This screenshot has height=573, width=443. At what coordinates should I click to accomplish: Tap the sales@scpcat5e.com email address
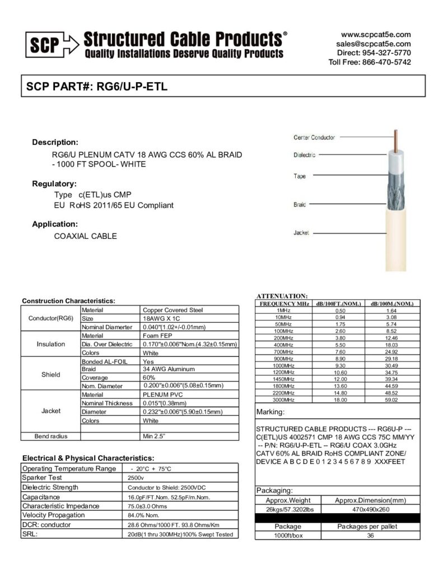[x=374, y=44]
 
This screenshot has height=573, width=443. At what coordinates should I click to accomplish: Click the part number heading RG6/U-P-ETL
[x=132, y=87]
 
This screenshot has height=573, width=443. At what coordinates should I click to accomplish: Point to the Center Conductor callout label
[x=314, y=137]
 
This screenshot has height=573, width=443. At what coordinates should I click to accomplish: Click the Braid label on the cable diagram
[x=300, y=205]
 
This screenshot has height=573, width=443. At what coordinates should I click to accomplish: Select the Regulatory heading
[x=54, y=184]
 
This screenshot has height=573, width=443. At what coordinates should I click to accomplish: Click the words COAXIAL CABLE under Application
[x=85, y=236]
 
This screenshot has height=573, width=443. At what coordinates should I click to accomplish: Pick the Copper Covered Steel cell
[x=173, y=309]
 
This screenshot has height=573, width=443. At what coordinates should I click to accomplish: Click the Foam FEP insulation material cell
[x=158, y=335]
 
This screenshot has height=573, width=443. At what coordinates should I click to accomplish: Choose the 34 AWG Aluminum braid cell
[x=169, y=369]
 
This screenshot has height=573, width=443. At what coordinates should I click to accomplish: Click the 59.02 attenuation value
[x=391, y=400]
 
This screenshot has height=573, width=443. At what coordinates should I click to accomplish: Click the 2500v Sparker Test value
[x=137, y=478]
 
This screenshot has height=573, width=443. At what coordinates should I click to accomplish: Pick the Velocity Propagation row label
[x=54, y=515]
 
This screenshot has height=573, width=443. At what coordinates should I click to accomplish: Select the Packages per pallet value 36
[x=370, y=535]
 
